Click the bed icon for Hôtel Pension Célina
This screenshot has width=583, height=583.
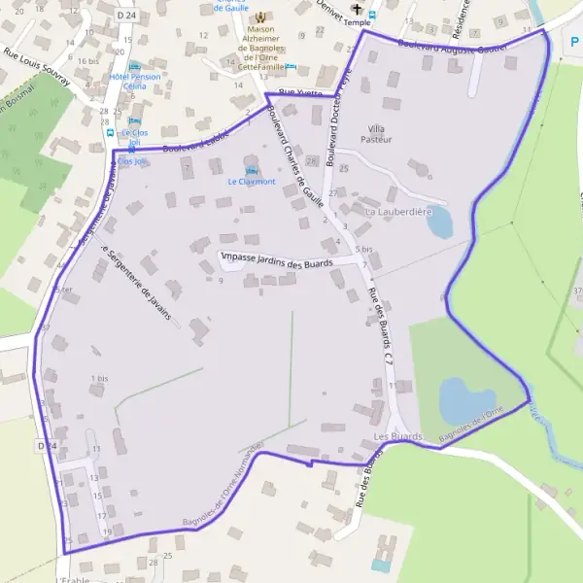134,66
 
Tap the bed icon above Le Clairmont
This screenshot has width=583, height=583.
252,171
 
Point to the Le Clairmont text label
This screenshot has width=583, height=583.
252,182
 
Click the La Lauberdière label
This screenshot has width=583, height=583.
397,210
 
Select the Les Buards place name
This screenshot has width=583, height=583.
397,437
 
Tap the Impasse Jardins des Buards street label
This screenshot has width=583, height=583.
278,260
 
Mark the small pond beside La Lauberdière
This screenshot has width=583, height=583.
439,223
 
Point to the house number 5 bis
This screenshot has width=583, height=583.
364,250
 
